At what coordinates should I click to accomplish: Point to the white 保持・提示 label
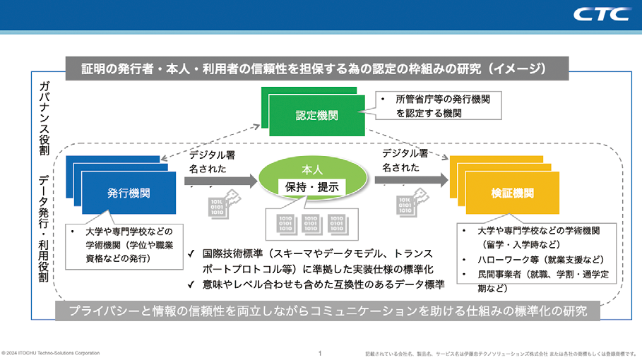(x=311, y=187)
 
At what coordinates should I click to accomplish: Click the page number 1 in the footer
(x=320, y=353)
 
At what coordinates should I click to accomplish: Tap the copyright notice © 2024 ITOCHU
(x=51, y=353)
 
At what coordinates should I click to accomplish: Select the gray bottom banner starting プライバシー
(x=329, y=311)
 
